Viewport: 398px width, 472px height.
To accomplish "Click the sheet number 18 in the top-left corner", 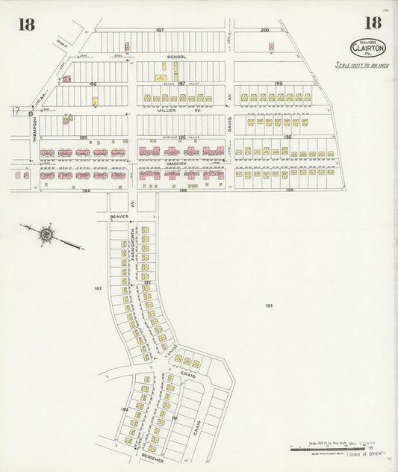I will click(26, 24).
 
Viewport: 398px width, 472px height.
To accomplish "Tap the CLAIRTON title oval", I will click(367, 47).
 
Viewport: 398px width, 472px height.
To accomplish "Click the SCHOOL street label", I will click(177, 57).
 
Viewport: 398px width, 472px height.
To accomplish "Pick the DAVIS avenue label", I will click(231, 124).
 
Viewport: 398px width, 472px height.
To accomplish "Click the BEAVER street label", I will click(119, 217).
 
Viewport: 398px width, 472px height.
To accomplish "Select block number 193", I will click(268, 305).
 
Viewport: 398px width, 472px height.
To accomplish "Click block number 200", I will click(264, 30).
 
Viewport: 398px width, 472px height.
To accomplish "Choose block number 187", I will click(159, 30).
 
